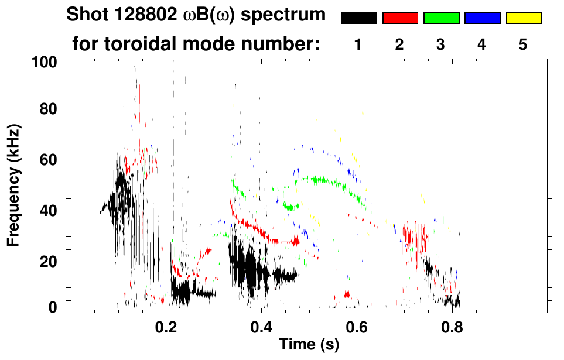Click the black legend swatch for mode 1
(x=359, y=18)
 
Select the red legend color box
(x=400, y=18)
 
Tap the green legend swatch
(x=441, y=18)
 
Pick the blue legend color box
(x=482, y=18)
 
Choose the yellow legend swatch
(x=523, y=18)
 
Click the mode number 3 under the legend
(x=440, y=45)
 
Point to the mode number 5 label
(x=523, y=45)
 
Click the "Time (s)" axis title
(x=308, y=345)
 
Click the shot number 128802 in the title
(x=147, y=15)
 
